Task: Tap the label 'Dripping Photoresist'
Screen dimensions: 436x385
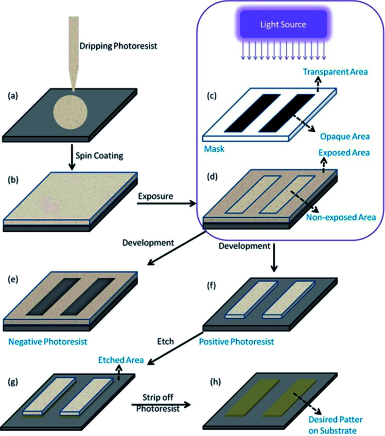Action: pyautogui.click(x=113, y=47)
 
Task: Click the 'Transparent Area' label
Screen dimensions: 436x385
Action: pyautogui.click(x=335, y=72)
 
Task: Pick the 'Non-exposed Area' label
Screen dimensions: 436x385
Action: pyautogui.click(x=341, y=217)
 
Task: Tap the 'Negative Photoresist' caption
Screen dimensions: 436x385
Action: pyautogui.click(x=48, y=342)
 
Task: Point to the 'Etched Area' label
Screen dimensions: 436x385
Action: pyautogui.click(x=120, y=360)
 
